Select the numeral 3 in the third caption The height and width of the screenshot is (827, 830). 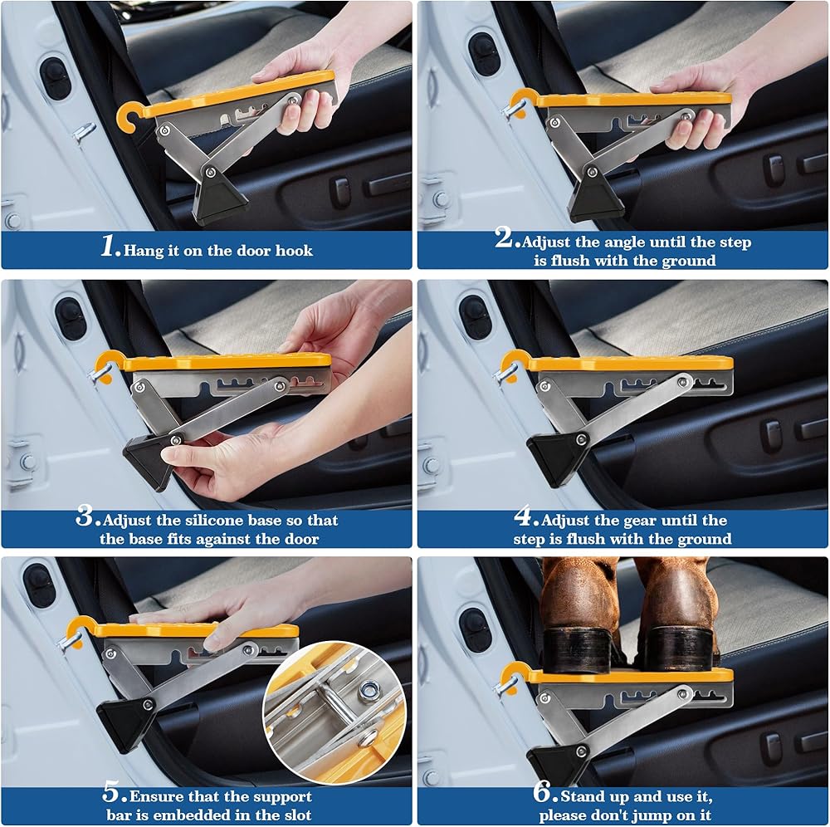(x=85, y=516)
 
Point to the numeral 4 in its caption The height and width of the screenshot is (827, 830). (x=524, y=516)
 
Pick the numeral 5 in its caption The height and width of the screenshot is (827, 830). (x=113, y=793)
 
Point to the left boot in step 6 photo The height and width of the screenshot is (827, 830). (x=583, y=615)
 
